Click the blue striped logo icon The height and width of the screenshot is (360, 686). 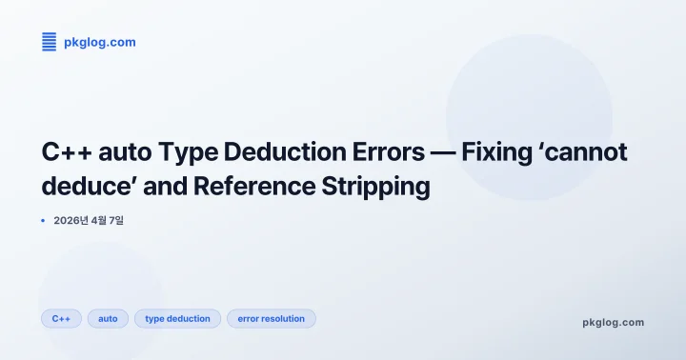(x=50, y=41)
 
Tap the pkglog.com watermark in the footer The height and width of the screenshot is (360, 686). (x=613, y=322)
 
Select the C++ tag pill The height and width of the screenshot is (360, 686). (x=62, y=318)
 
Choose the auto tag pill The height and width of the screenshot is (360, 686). (x=109, y=318)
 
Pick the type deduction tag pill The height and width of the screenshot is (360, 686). (x=177, y=318)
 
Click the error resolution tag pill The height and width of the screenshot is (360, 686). (x=271, y=318)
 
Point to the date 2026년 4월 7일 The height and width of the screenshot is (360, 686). (x=89, y=220)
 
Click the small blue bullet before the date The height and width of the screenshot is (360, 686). (x=44, y=220)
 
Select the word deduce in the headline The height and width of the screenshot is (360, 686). (x=80, y=186)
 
